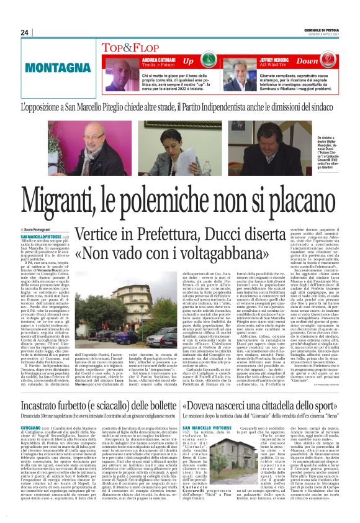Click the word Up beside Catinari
(x=187, y=61)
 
